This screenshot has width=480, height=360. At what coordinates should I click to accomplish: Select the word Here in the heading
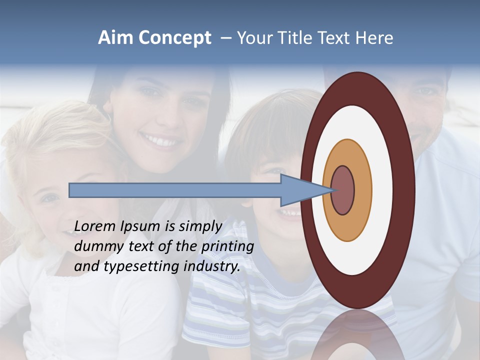pyautogui.click(x=373, y=38)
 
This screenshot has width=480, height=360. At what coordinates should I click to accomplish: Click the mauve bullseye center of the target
pyautogui.click(x=343, y=190)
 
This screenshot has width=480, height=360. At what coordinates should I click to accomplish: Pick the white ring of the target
pyautogui.click(x=382, y=190)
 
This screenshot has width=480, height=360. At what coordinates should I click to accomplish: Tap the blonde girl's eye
pyautogui.click(x=49, y=198)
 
